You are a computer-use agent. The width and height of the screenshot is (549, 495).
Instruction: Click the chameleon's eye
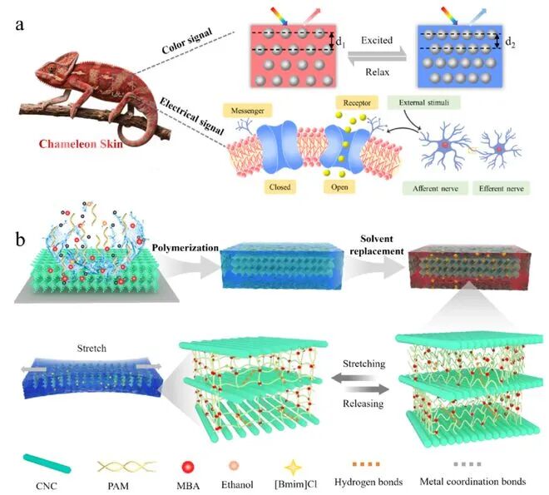[x=52, y=68]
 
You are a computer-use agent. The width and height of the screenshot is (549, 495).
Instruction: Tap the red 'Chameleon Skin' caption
[x=81, y=144]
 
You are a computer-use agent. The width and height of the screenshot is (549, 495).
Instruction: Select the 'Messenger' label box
[x=248, y=111]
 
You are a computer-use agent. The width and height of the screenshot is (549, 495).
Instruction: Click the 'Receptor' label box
[x=357, y=103]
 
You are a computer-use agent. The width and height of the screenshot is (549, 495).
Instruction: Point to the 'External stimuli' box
[x=423, y=102]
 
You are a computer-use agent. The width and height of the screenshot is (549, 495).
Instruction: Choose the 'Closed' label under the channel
[x=279, y=187]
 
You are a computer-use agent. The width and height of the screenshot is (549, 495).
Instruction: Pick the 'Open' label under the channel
[x=339, y=187]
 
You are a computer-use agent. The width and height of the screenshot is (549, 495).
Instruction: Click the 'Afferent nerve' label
[x=435, y=188]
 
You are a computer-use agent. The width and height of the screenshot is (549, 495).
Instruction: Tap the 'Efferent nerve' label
[x=501, y=188]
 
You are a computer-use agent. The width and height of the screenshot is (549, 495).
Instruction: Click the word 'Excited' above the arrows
[x=377, y=40]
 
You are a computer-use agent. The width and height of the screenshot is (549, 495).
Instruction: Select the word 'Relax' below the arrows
[x=377, y=72]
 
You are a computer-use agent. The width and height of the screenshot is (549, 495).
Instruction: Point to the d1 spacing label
[x=340, y=42]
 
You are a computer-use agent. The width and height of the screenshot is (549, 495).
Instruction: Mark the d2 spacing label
[x=510, y=42]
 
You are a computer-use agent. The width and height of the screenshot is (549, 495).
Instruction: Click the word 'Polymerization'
[x=185, y=248]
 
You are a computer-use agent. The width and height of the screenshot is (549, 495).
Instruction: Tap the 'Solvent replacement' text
[x=377, y=245]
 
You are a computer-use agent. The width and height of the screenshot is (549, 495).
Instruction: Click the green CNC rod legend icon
[x=47, y=463]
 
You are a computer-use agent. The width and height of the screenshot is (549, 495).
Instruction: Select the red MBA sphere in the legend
[x=188, y=467]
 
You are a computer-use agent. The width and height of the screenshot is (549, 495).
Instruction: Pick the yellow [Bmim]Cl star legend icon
[x=293, y=467]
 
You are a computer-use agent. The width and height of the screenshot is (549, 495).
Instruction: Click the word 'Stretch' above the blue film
[x=91, y=349]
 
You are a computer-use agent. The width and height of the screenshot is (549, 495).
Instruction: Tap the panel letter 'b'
[x=20, y=240]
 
